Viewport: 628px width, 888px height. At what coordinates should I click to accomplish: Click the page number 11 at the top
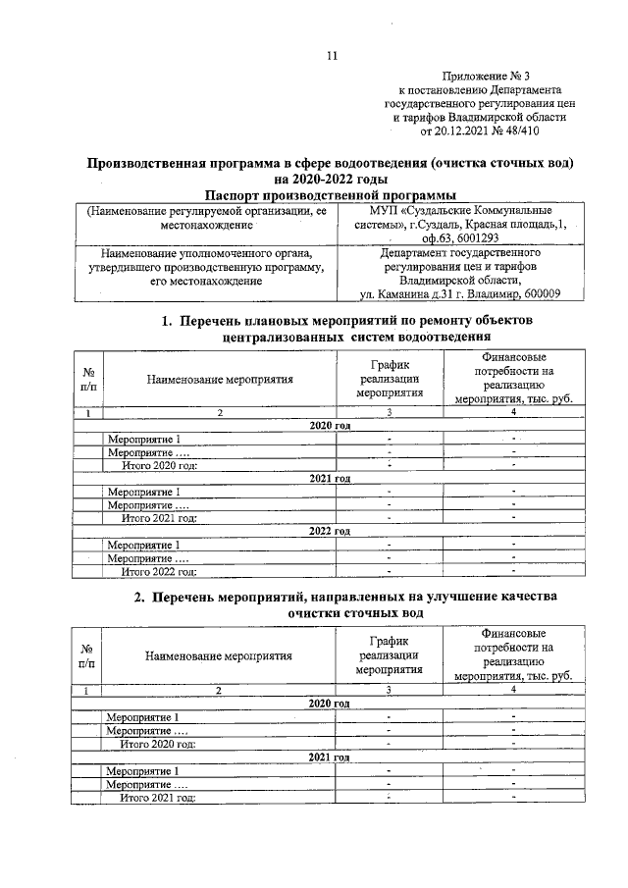tap(333, 57)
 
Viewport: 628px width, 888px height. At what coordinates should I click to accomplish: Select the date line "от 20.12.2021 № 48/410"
tap(480, 131)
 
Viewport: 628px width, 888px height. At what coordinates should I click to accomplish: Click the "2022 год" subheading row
tap(329, 531)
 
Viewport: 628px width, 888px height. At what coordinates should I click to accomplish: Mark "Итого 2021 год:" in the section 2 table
tap(158, 798)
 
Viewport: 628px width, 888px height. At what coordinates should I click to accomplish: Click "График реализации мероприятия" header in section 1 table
tap(390, 379)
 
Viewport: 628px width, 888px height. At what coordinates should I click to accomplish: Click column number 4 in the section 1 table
tap(513, 413)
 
